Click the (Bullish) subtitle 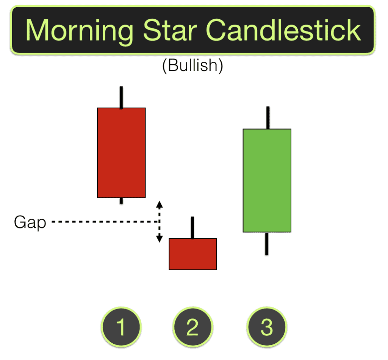click(192, 66)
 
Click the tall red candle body click(121, 153)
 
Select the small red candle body click(192, 254)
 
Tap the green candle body click(267, 180)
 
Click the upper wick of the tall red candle click(121, 97)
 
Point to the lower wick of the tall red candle click(121, 201)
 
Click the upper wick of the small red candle click(192, 227)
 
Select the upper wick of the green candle click(268, 118)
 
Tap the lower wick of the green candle click(267, 243)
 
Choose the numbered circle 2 click(192, 327)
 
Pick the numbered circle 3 click(267, 327)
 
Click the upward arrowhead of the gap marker click(160, 204)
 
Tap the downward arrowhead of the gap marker click(160, 239)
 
